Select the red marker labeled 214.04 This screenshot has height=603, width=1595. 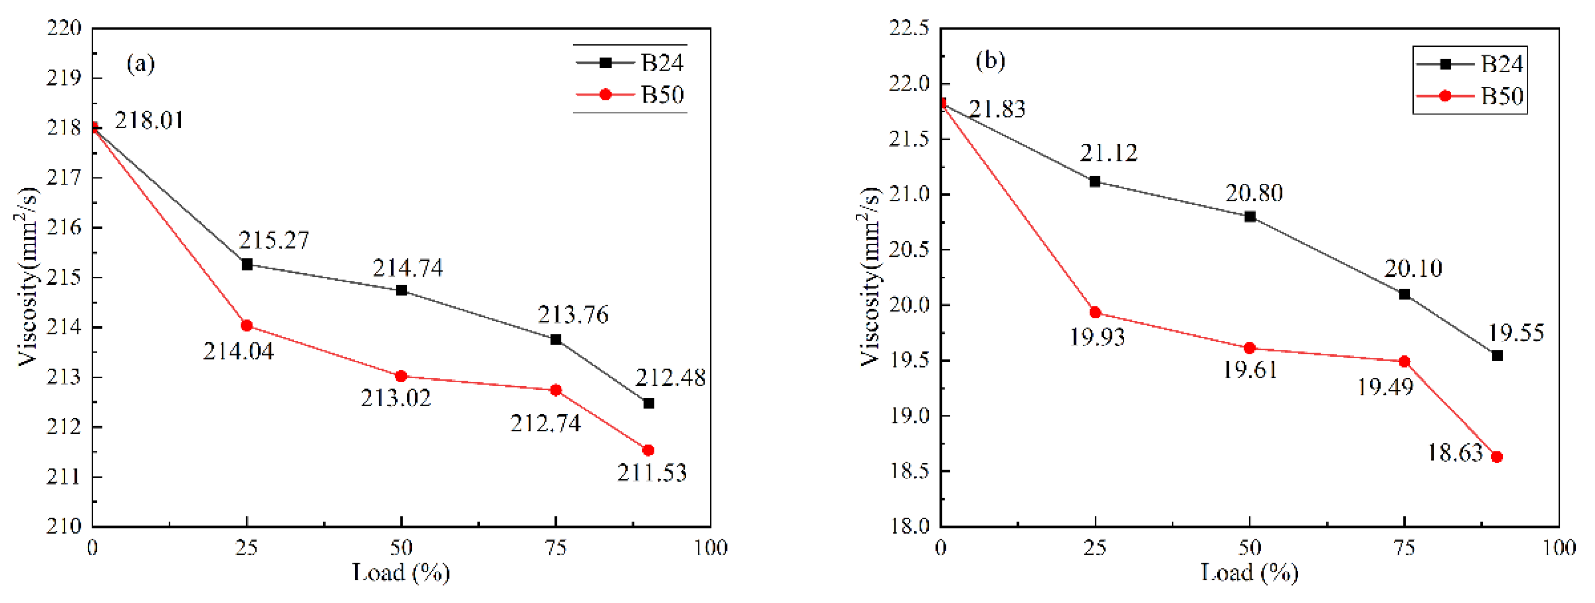click(x=247, y=326)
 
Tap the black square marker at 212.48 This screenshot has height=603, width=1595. click(x=648, y=404)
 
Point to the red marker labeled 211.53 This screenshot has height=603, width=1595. click(x=648, y=450)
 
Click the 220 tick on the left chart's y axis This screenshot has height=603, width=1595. click(x=64, y=28)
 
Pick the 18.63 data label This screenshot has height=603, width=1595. click(x=1455, y=453)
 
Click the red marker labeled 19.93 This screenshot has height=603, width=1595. click(x=1095, y=312)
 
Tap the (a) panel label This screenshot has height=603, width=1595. click(x=140, y=63)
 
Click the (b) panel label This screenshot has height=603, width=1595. click(x=990, y=60)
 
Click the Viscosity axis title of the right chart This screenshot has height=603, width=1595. click(x=870, y=276)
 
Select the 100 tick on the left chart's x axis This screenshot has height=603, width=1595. click(x=710, y=548)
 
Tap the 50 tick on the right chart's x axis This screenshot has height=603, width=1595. click(x=1249, y=548)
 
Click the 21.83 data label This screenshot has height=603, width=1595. click(x=997, y=110)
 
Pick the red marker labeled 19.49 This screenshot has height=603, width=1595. click(x=1404, y=362)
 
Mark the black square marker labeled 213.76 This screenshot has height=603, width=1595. click(x=556, y=339)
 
